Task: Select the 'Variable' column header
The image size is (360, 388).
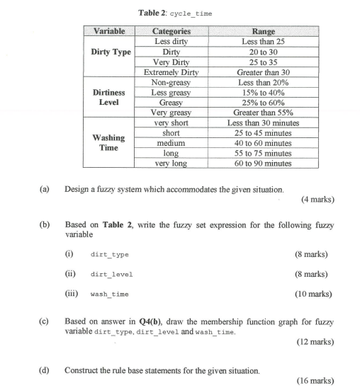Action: pyautogui.click(x=109, y=31)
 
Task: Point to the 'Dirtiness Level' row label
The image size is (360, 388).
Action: pyautogui.click(x=109, y=97)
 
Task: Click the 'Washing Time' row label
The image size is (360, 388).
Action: pyautogui.click(x=109, y=142)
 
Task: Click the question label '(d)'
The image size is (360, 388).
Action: pyautogui.click(x=45, y=370)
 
